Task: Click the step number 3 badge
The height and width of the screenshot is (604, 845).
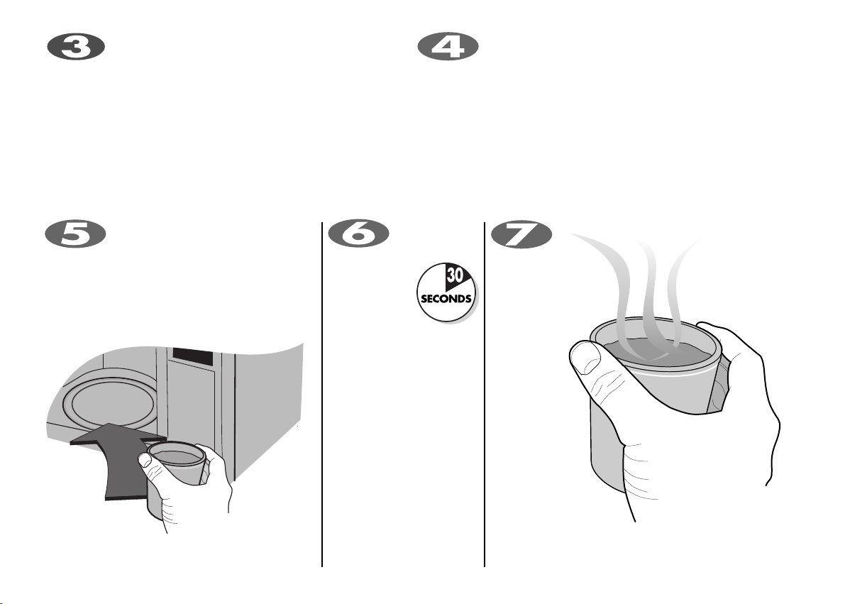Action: coord(75,48)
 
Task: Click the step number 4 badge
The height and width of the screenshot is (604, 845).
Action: coord(448,46)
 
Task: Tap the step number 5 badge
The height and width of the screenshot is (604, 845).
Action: coord(75,235)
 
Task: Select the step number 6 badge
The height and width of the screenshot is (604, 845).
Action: coord(358,235)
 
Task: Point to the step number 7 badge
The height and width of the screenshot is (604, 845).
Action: coord(521,235)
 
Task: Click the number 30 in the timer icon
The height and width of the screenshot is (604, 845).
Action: coord(454,275)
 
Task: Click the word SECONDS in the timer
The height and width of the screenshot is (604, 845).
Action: coord(446,299)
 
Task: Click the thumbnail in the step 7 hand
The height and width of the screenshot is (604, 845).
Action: coord(585,358)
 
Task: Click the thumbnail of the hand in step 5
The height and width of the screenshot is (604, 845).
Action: coord(145,459)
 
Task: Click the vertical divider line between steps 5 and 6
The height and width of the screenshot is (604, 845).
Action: coord(322,394)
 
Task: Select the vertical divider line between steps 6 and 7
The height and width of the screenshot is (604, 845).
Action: coord(485,394)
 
